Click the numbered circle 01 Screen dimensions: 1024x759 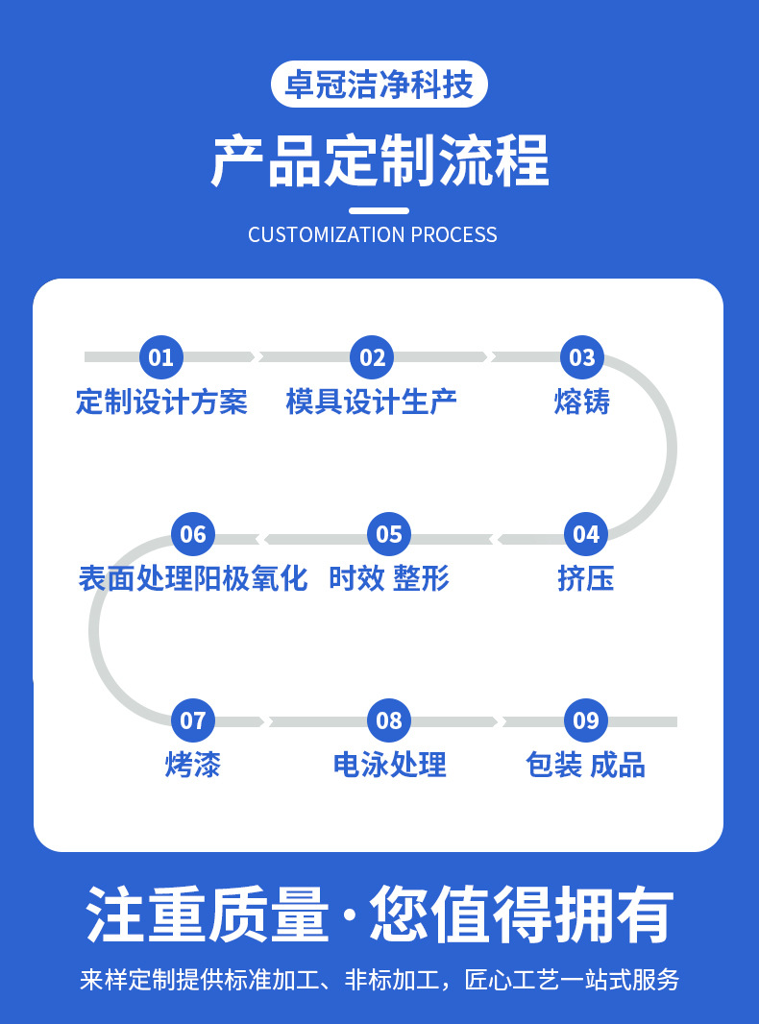161,357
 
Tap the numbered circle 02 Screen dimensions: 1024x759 372,357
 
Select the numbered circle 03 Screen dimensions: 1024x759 582,357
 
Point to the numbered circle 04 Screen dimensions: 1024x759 585,534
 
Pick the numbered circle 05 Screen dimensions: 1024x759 389,534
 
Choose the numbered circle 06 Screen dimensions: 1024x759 193,534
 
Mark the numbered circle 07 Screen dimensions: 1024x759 193,720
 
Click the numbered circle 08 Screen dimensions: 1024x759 389,720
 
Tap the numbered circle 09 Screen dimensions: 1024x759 585,720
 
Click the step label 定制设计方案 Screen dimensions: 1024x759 161,402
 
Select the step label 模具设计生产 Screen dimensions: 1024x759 372,402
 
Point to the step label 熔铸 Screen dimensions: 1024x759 582,402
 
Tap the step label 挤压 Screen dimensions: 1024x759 585,578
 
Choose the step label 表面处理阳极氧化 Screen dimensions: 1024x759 193,578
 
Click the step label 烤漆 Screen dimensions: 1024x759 193,765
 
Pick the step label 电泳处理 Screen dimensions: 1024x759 389,765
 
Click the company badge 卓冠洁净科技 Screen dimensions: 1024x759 379,85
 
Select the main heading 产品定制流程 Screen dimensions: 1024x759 379,159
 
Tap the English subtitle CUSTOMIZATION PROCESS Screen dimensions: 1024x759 373,234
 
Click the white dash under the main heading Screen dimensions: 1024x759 379,210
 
